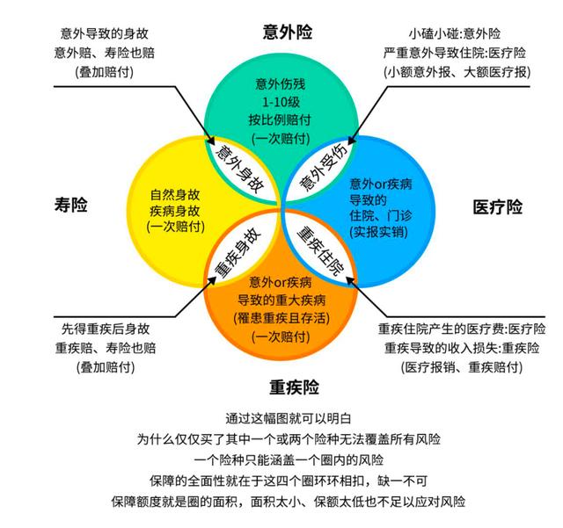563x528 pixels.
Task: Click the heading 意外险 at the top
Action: tap(288, 32)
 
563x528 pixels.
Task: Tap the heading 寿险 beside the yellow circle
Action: tap(71, 206)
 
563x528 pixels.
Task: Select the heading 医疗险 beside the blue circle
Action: tap(497, 207)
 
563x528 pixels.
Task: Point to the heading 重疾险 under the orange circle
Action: tap(294, 387)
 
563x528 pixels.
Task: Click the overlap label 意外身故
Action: tap(239, 170)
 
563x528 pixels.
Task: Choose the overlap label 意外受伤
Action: tap(324, 167)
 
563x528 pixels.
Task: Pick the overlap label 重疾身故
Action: tap(238, 253)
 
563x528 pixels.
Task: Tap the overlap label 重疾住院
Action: tap(320, 251)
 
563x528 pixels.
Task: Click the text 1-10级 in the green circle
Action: tap(281, 102)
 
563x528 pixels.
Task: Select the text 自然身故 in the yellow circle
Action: tap(175, 195)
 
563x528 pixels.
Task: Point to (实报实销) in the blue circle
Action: tap(379, 232)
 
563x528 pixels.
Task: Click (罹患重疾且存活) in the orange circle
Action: tap(281, 319)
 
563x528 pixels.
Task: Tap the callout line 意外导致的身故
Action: tap(105, 33)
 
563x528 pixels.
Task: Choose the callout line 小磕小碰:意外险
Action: tap(455, 33)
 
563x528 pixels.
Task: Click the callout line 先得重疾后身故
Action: tap(106, 329)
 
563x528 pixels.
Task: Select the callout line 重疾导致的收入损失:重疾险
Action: tap(462, 348)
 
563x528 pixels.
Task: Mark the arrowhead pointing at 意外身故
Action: tap(211, 140)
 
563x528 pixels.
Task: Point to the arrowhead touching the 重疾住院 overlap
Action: tap(351, 281)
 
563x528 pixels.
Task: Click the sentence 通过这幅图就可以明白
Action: tap(289, 418)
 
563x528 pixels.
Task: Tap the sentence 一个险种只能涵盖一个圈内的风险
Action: tap(289, 459)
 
